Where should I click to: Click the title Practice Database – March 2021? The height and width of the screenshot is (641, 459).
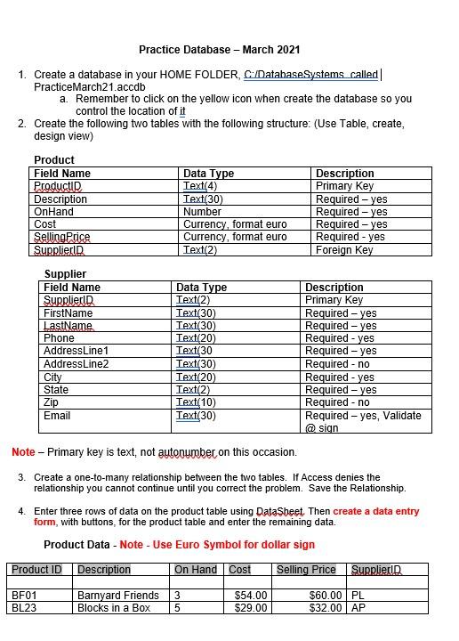(219, 50)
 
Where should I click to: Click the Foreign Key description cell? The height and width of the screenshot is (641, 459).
(344, 250)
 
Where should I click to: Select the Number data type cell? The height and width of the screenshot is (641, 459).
(202, 212)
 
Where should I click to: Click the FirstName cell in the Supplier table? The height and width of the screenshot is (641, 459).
(68, 313)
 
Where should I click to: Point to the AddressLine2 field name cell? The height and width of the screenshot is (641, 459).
(76, 364)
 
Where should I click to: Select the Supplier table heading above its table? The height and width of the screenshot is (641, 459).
(65, 274)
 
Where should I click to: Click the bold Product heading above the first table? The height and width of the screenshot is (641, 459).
(53, 160)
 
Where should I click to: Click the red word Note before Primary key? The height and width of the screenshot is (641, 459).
(23, 452)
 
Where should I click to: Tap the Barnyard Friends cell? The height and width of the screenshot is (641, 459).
(117, 595)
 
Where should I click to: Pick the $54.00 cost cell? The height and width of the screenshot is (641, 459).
(250, 595)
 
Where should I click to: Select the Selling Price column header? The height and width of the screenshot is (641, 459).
(306, 569)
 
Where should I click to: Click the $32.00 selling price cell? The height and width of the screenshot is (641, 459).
(325, 607)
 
